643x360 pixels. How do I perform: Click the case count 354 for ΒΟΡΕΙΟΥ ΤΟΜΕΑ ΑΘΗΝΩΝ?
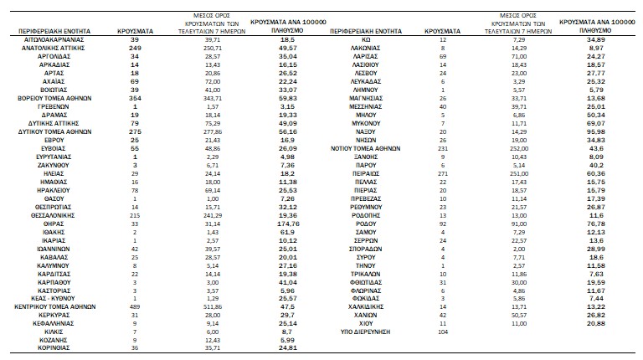[124, 98]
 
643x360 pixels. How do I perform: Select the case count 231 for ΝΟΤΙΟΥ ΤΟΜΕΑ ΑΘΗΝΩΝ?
[444, 150]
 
